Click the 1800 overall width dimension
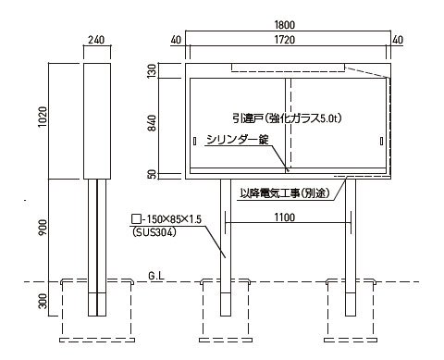click(285, 25)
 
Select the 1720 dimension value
click(285, 40)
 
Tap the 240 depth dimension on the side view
click(96, 40)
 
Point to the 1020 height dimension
click(43, 117)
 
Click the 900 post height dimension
click(43, 227)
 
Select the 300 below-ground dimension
click(43, 301)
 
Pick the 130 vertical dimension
click(152, 71)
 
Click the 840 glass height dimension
click(152, 123)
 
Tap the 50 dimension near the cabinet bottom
click(152, 175)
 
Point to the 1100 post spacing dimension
click(285, 217)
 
